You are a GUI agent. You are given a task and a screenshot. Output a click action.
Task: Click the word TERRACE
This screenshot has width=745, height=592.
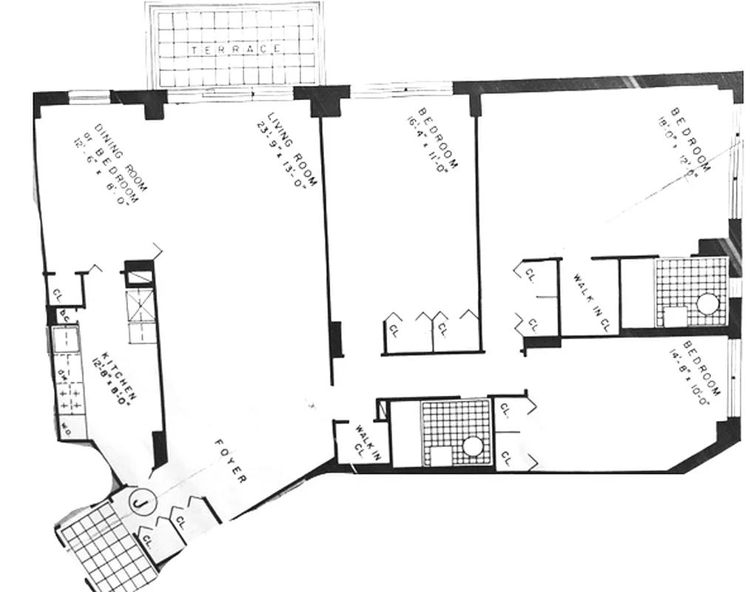pyautogui.click(x=235, y=50)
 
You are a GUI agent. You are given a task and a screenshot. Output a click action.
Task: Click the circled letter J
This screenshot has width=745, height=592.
pyautogui.click(x=138, y=504)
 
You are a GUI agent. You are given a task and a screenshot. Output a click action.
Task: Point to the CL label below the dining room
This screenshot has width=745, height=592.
pyautogui.click(x=58, y=295)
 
